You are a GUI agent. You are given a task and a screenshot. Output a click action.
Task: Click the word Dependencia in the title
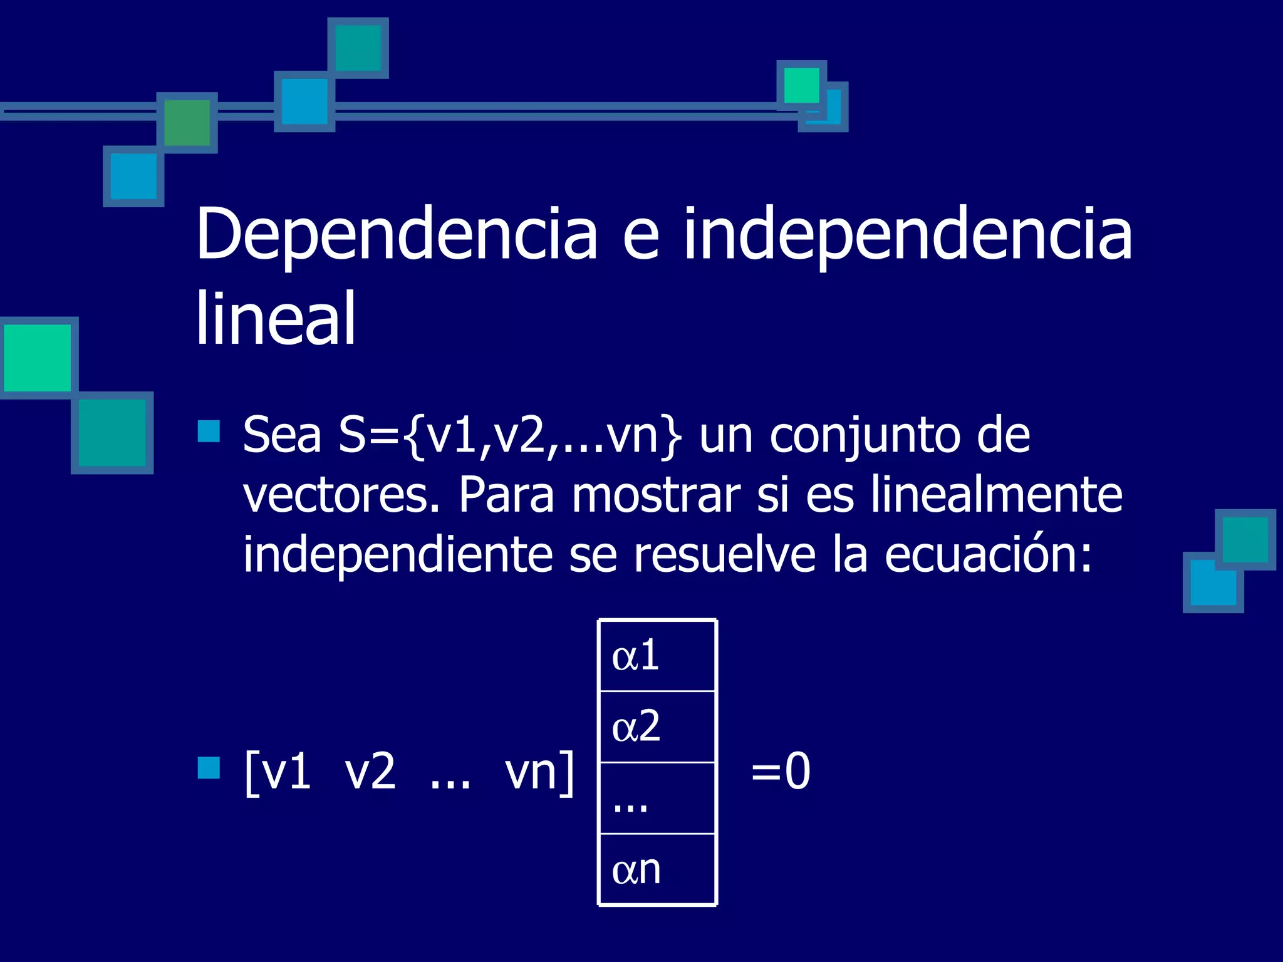coord(397,235)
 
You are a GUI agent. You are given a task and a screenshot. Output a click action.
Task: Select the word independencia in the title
coord(908,235)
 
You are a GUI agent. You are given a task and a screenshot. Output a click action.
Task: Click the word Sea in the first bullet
coord(282,435)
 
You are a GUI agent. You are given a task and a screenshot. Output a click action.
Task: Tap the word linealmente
coord(996,495)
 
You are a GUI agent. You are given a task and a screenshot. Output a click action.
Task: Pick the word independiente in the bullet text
coord(398,555)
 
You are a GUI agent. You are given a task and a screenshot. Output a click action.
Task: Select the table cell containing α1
coord(657,656)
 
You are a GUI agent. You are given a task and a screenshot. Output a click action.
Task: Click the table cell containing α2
coord(657,727)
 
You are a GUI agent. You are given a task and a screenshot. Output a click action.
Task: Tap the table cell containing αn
coord(657,869)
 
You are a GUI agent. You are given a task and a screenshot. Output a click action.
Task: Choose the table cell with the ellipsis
coord(657,798)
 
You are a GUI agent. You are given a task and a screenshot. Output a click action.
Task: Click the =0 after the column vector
coord(781,772)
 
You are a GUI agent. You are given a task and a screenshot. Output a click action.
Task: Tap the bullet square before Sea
coord(209,431)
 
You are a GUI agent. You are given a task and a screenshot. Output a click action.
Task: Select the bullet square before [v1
coord(209,767)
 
